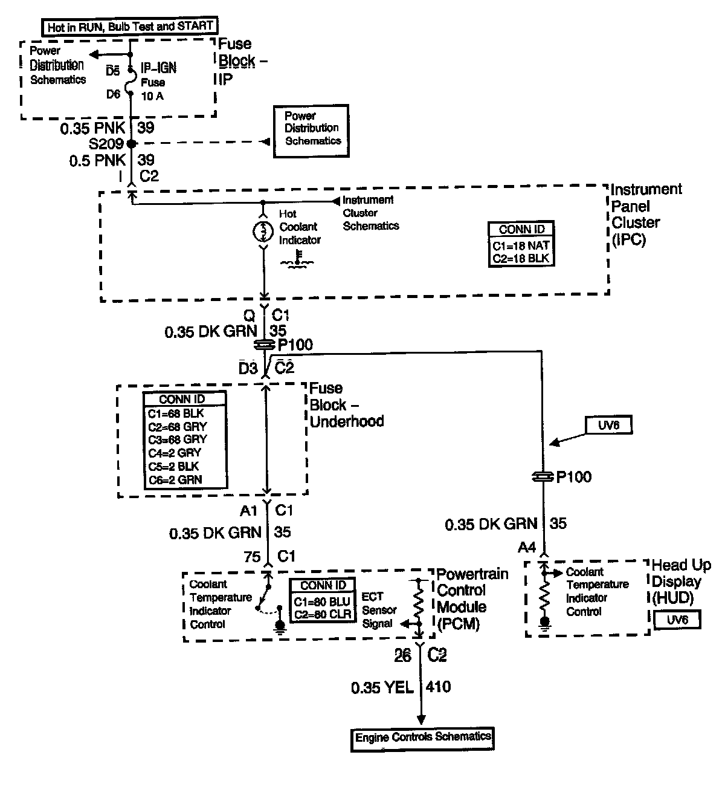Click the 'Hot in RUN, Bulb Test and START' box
point(130,27)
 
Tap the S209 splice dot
point(131,143)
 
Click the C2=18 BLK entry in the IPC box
point(521,259)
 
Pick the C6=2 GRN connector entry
point(175,480)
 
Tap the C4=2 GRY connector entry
point(175,453)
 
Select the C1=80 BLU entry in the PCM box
point(322,601)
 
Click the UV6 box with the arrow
point(608,425)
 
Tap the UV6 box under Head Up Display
point(677,620)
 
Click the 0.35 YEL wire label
point(382,688)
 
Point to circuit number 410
point(438,687)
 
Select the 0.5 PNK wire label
point(97,161)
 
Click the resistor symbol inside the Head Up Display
point(544,595)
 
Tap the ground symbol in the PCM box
point(280,626)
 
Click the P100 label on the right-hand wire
point(573,477)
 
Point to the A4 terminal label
point(527,547)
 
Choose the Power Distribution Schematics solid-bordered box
point(311,131)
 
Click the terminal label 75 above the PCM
point(252,557)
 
